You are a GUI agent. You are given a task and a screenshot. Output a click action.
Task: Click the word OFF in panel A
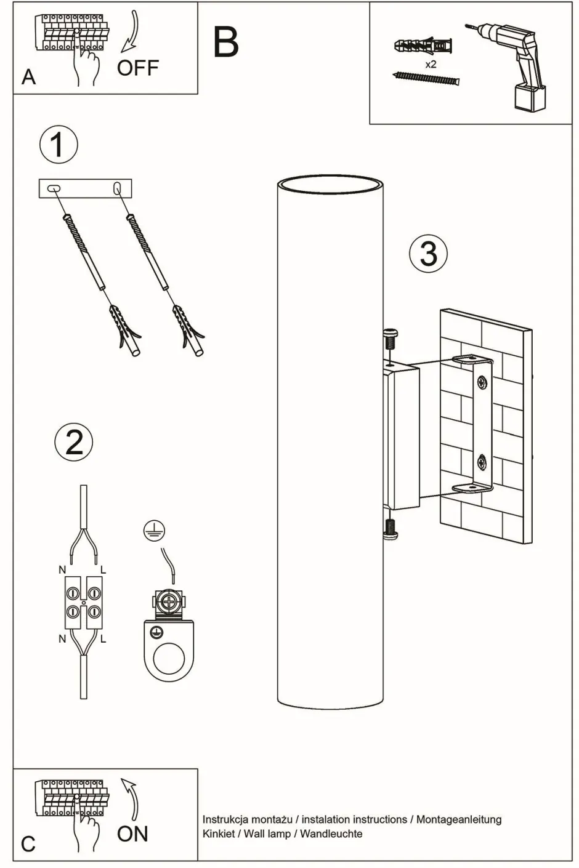(x=138, y=68)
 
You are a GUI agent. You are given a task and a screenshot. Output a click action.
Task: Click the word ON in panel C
(x=132, y=834)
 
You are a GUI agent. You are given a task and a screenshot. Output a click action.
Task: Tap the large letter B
(x=225, y=42)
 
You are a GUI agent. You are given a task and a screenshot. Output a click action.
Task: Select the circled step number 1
(x=59, y=145)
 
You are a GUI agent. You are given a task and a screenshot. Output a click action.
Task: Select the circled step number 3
(x=429, y=253)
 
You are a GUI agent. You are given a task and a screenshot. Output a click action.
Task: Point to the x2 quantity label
(x=431, y=64)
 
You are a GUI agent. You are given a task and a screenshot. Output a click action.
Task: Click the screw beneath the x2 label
(x=426, y=78)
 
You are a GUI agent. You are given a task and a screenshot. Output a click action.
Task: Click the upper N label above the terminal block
(x=62, y=570)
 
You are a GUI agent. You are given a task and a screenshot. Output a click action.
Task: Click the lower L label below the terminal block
(x=103, y=639)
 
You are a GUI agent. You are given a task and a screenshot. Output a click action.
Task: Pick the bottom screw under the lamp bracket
(x=391, y=528)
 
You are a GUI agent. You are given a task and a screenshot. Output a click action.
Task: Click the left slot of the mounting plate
(x=54, y=188)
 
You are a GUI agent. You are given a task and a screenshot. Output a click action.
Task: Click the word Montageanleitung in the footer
(x=459, y=819)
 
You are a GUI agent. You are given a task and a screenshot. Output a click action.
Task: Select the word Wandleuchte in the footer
(x=331, y=834)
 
